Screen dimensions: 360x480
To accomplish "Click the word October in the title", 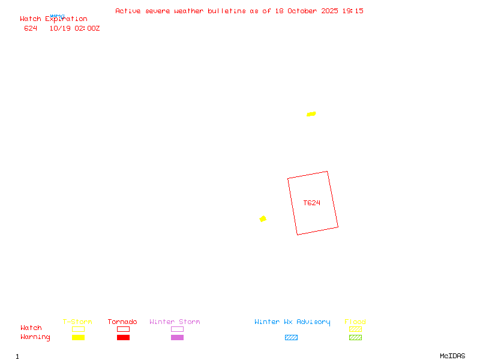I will pos(302,11).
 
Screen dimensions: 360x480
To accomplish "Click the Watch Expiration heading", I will pos(53,19).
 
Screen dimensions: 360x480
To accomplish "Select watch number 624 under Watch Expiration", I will pos(31,28).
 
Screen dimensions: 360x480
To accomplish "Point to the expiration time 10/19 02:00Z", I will pos(74,28).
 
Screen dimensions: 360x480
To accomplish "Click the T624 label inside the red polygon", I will pos(311,203).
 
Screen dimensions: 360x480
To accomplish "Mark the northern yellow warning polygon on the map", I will pos(311,114).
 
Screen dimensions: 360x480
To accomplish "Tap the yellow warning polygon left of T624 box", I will pos(263,219).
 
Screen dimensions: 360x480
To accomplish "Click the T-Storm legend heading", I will pos(77,322).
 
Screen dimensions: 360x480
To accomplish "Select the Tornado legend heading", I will pos(122,322).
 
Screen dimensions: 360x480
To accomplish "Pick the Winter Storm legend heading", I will pos(175,322).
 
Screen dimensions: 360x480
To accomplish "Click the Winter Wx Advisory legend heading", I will pos(292,322).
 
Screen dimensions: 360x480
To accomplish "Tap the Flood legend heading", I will pos(355,322).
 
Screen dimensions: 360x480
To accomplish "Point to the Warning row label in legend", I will pos(35,337).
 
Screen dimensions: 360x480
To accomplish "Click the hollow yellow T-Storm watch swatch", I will pos(78,329).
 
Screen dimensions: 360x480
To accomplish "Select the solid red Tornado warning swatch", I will pos(123,337).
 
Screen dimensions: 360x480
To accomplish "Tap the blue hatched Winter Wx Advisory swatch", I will pos(291,337).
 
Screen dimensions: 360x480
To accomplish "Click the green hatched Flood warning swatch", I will pos(355,337).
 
